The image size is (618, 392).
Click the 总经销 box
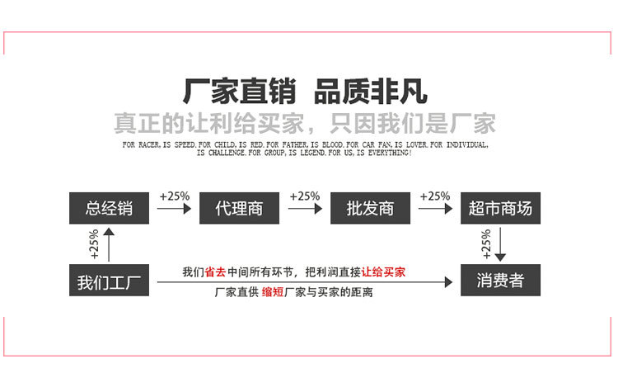click(x=109, y=207)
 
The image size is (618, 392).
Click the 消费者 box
click(x=500, y=281)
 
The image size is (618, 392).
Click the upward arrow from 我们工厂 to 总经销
click(x=110, y=244)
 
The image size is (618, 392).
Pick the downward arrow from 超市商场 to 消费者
click(x=500, y=245)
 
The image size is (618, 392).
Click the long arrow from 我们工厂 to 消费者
click(x=305, y=282)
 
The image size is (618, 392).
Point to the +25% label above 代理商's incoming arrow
click(x=174, y=196)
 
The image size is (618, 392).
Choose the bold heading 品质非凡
click(x=372, y=89)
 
